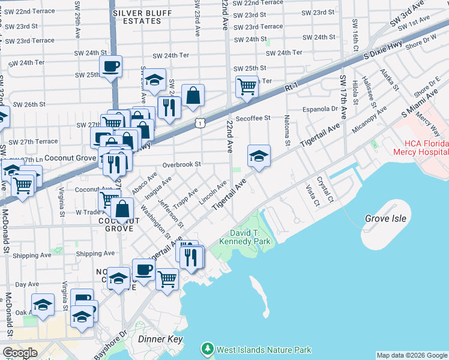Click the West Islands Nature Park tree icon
(x=207, y=349)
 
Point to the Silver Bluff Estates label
(x=137, y=16)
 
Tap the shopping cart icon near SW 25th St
(x=247, y=86)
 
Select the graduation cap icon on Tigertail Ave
(x=259, y=157)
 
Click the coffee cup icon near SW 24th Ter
(x=110, y=66)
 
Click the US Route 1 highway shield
(x=199, y=122)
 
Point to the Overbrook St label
(x=181, y=164)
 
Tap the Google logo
(x=19, y=353)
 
